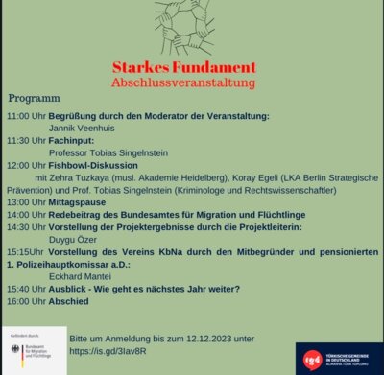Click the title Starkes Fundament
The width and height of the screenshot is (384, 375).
point(197,68)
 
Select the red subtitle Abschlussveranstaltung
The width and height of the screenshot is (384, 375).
point(197,83)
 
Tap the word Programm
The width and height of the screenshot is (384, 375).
point(34,99)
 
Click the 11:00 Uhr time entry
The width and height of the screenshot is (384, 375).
point(25,115)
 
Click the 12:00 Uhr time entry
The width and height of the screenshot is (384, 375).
point(25,165)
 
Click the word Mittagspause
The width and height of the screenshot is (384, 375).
point(87,202)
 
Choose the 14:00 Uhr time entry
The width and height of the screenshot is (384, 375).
point(25,215)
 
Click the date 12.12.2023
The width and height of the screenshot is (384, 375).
point(213,338)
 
